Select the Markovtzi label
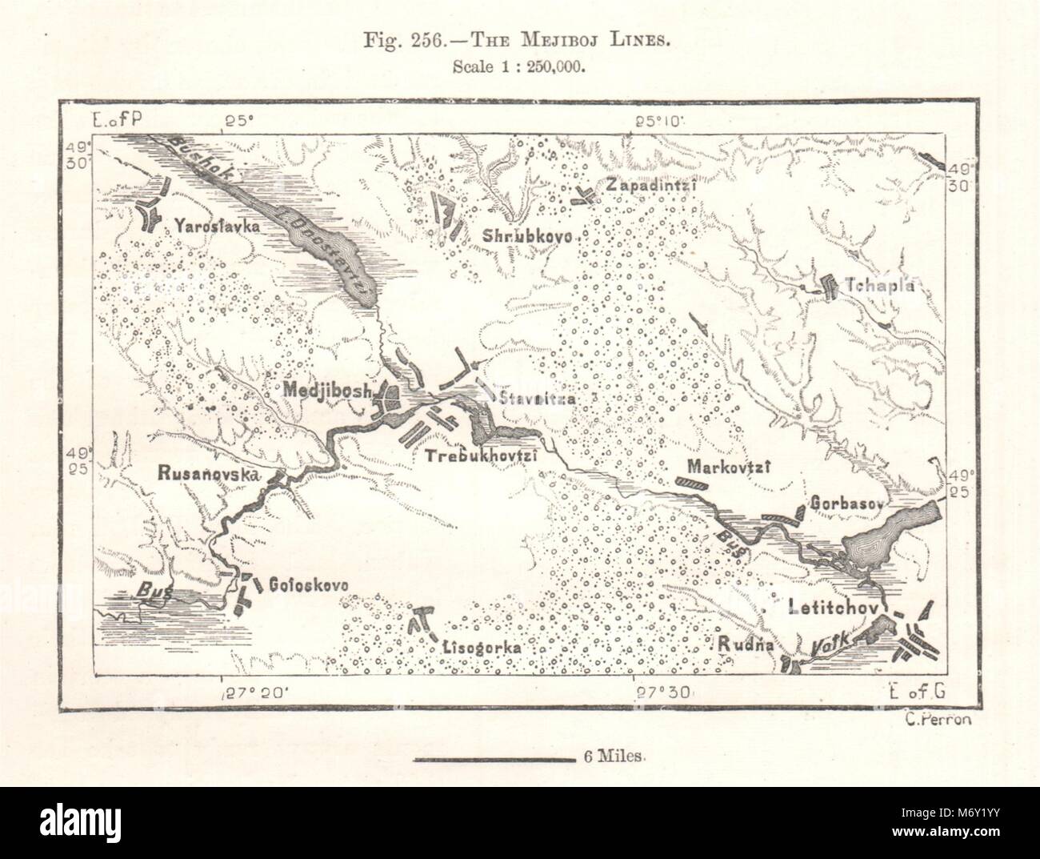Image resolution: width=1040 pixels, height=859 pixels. point(727,468)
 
